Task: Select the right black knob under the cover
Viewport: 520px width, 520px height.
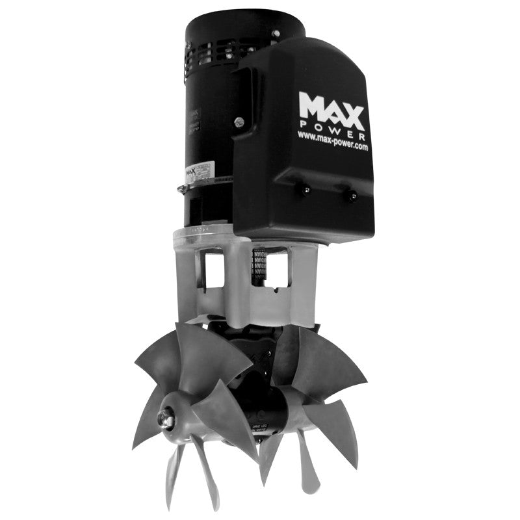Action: (350, 193)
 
